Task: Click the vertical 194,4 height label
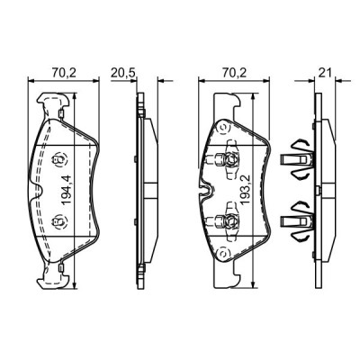(65, 189)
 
